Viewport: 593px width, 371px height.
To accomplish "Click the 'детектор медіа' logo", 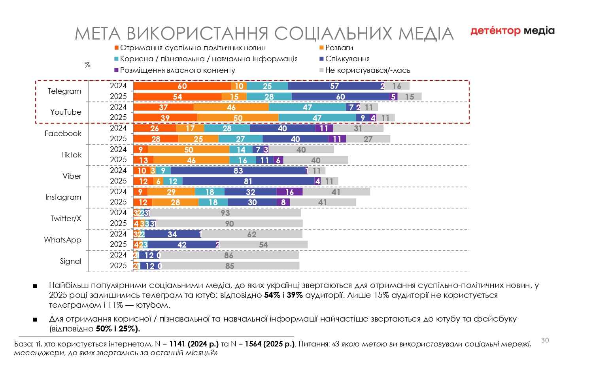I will (x=512, y=31).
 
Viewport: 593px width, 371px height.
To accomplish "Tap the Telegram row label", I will (x=64, y=91).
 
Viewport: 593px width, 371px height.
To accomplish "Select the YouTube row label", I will (x=66, y=112).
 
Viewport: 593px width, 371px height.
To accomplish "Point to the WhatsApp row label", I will (x=62, y=240).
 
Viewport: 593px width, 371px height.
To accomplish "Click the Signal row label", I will (x=70, y=261).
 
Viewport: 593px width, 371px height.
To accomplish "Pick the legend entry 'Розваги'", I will (x=339, y=48).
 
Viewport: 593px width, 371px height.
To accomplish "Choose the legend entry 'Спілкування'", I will (x=347, y=59).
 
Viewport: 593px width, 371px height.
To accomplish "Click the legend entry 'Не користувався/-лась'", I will (x=367, y=70).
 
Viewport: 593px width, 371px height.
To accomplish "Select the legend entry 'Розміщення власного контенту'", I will (x=178, y=70).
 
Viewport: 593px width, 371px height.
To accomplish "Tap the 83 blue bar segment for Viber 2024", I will (x=238, y=171).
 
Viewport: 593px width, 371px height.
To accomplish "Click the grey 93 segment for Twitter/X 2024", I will (x=225, y=213).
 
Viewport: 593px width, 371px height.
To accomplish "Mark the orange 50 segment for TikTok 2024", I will (x=189, y=150).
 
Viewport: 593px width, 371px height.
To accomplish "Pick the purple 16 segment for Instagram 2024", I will (x=289, y=192).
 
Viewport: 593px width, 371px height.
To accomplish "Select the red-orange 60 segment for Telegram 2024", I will (x=182, y=86).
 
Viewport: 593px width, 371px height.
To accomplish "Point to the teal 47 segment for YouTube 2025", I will (x=317, y=118).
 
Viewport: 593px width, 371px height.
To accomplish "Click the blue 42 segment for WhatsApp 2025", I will (x=182, y=245).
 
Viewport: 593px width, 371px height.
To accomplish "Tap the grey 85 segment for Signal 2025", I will (x=230, y=266).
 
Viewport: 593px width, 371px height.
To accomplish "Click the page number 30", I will (x=545, y=340).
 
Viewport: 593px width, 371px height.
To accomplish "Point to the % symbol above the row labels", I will (x=87, y=64).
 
